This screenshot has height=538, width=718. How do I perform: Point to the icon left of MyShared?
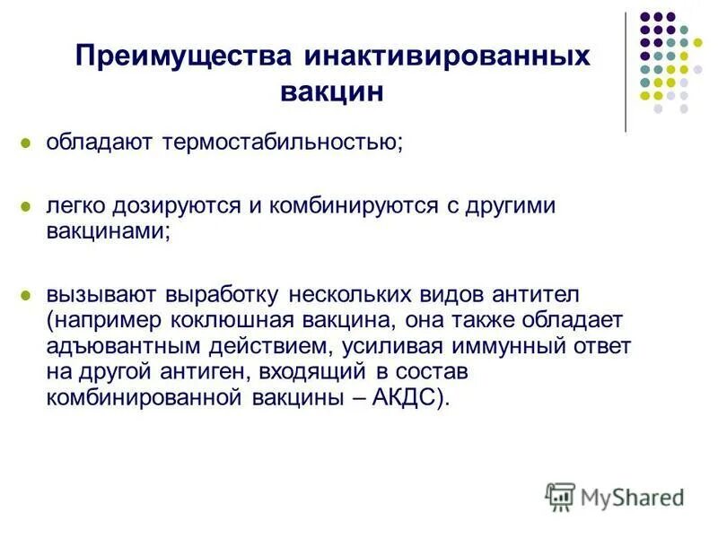pos(560,496)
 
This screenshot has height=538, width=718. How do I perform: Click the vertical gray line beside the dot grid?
pos(626,72)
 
